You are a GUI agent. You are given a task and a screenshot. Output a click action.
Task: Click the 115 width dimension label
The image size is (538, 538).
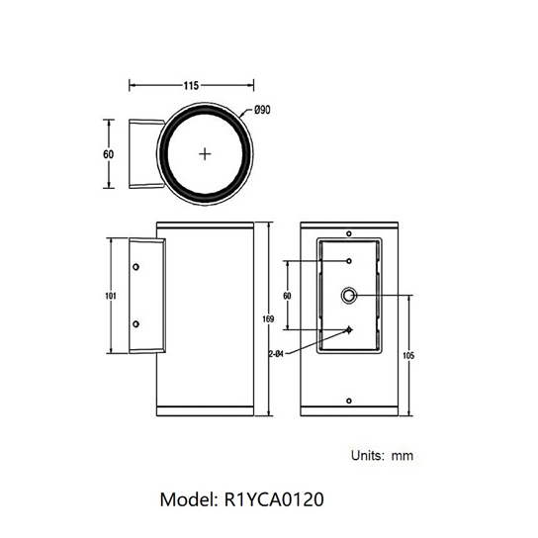click(x=191, y=85)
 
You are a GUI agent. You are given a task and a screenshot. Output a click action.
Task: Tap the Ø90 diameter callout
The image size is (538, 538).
click(x=262, y=110)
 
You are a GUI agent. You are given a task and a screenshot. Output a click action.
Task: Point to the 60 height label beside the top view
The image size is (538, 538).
click(x=109, y=154)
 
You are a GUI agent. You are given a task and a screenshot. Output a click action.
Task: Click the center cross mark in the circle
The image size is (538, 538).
click(x=205, y=154)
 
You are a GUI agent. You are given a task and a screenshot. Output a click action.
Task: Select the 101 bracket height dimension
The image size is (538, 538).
click(x=111, y=296)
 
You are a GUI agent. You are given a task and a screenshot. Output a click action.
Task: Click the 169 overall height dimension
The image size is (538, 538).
click(x=268, y=318)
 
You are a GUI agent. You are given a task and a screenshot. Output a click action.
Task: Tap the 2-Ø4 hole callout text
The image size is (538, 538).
click(x=276, y=354)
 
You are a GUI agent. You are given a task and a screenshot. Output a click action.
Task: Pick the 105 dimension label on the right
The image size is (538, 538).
click(x=408, y=355)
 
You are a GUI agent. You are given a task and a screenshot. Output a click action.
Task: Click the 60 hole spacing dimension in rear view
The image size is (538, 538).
click(x=287, y=296)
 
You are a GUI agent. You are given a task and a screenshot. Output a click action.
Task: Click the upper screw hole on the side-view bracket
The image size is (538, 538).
click(x=135, y=267)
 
